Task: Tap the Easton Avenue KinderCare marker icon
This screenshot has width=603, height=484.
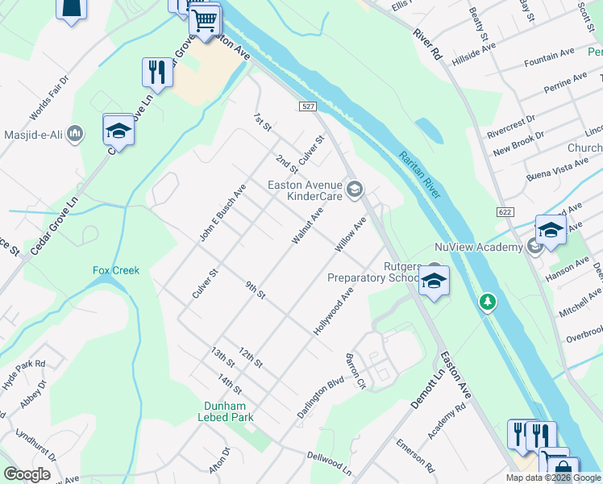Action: click(355, 190)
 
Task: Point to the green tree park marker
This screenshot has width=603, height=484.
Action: click(487, 302)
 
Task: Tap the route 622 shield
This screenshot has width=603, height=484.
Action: click(501, 210)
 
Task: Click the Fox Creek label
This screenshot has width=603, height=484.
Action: click(116, 271)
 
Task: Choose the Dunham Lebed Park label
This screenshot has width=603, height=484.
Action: click(226, 411)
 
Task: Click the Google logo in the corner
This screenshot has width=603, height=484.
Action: click(27, 474)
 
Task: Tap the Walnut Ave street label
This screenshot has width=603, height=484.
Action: click(307, 227)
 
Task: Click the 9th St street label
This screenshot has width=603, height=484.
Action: click(256, 290)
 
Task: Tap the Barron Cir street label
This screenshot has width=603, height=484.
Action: click(356, 371)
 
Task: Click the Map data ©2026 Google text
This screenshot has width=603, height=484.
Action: click(552, 478)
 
